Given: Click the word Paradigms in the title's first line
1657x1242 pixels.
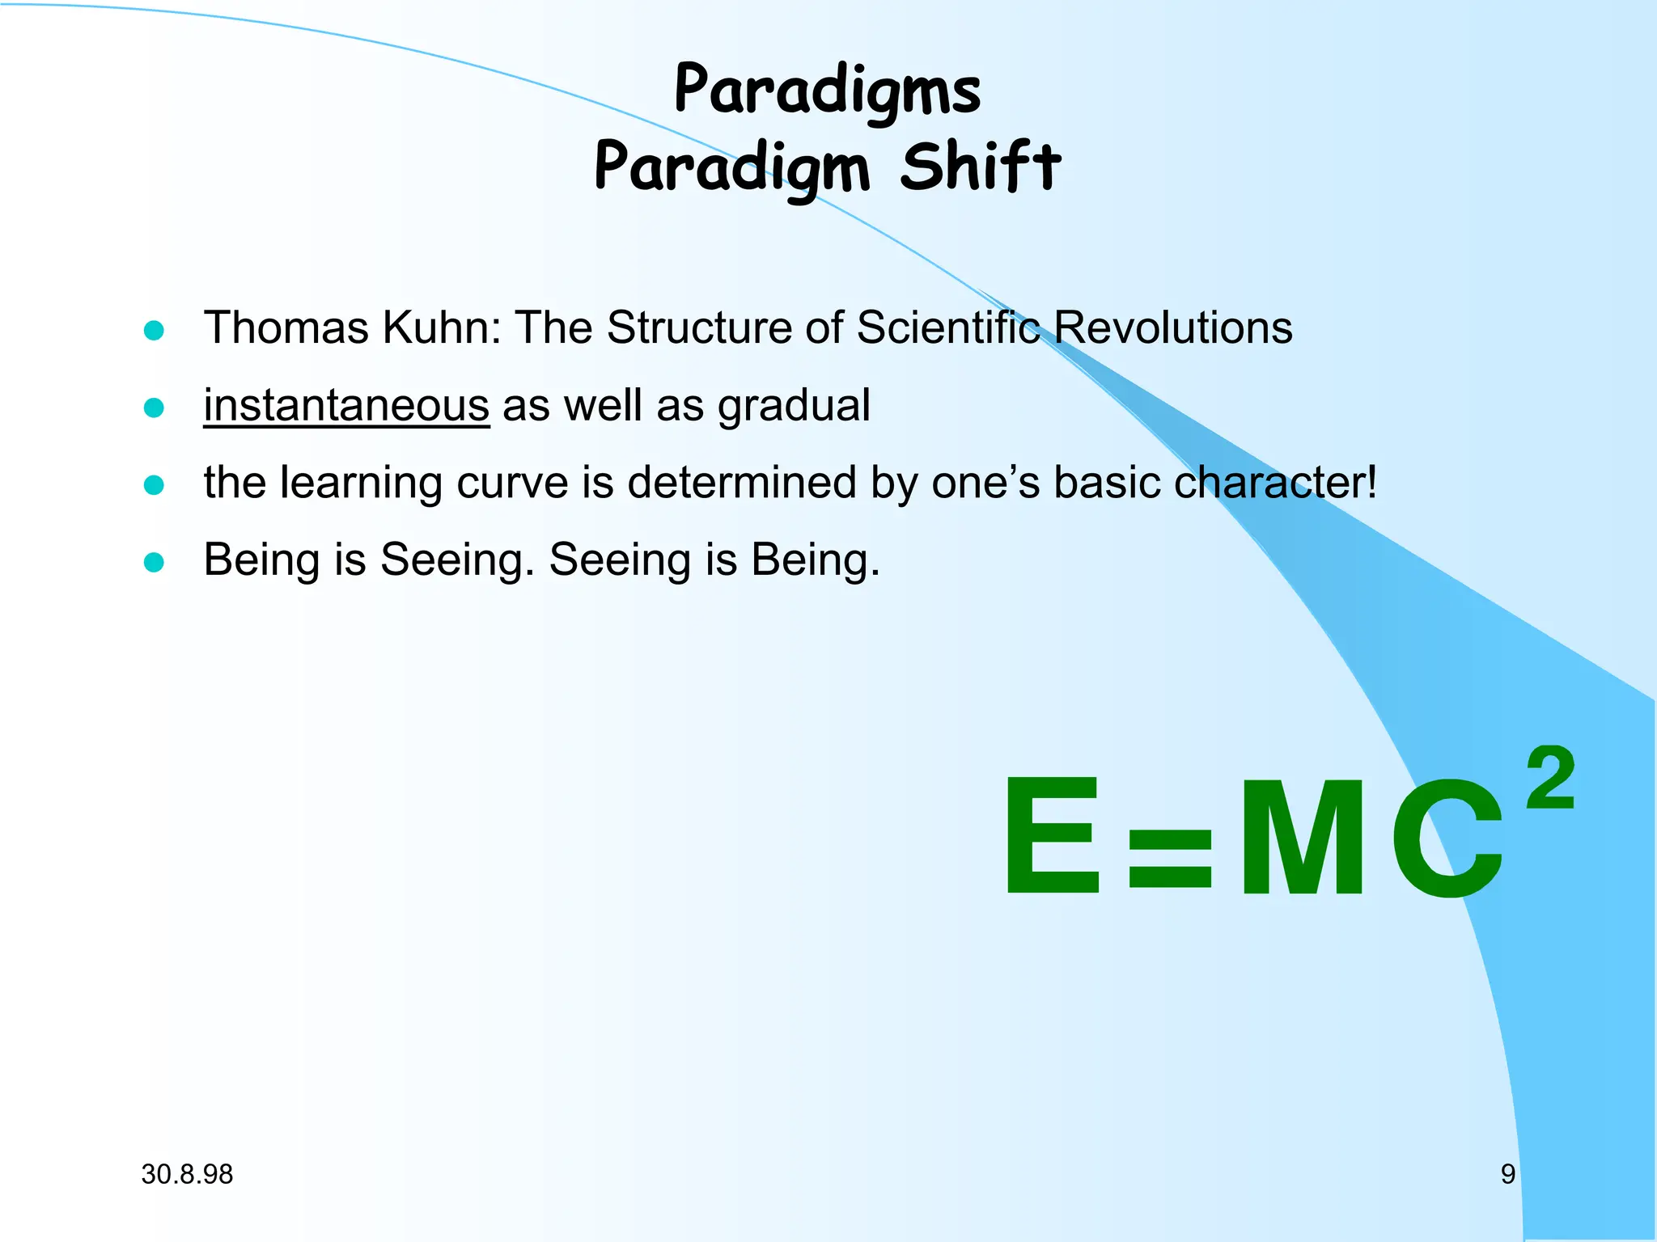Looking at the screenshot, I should point(827,91).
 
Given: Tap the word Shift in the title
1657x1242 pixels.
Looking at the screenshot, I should point(980,167).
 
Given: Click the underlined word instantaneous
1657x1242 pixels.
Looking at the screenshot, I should point(346,405).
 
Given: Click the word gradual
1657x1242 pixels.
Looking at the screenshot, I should point(794,407).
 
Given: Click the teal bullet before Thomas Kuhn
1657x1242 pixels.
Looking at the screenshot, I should point(154,330).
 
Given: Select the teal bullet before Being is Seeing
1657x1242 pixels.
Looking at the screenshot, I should point(154,562).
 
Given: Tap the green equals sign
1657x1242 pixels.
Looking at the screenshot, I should point(1170,859).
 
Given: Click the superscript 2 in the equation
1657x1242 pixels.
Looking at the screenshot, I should point(1550,778).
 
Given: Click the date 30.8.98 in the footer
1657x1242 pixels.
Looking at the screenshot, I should point(187,1174).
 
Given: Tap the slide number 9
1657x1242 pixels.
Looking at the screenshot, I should point(1507,1174).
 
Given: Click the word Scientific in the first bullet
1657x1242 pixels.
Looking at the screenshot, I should point(947,328).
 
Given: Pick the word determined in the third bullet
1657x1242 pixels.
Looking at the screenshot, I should point(741,483).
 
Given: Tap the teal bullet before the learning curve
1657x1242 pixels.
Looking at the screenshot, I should point(154,484).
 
